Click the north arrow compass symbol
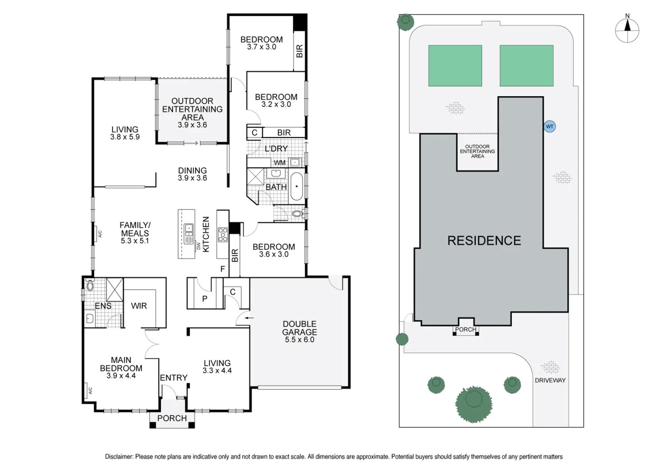point(627,31)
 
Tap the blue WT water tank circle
point(550,126)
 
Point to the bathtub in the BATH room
point(296,186)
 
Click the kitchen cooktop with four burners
point(223,234)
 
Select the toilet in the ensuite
point(89,285)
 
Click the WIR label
point(139,305)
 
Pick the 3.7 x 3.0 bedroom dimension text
point(261,47)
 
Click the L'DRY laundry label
point(276,149)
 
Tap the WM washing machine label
point(280,163)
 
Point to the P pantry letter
point(205,299)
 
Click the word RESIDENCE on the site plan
point(484,241)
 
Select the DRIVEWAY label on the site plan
point(550,381)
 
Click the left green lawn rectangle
point(455,66)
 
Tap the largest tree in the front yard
point(474,404)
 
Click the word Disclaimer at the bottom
point(119,457)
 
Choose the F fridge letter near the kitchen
point(223,269)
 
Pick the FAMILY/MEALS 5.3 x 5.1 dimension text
point(135,241)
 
